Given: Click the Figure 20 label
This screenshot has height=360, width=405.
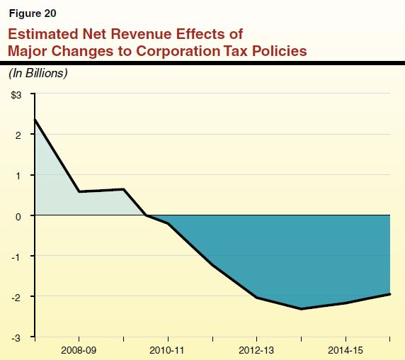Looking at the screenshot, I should click(33, 13).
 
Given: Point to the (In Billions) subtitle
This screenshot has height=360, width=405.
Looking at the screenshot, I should click(38, 73).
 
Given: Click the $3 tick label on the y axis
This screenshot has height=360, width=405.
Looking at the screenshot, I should click(16, 94).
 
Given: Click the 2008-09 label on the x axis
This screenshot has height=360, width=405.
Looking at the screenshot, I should click(79, 350).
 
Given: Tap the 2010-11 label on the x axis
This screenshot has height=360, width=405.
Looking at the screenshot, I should click(168, 350).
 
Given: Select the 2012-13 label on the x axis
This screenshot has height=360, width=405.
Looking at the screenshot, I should click(256, 350).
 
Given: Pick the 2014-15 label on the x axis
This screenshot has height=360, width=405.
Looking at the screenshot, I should click(345, 350).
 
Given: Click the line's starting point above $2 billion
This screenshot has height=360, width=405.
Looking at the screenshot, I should click(35, 120).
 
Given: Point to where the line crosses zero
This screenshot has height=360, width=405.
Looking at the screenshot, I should click(146, 215).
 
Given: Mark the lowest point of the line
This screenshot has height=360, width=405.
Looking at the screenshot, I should click(301, 308).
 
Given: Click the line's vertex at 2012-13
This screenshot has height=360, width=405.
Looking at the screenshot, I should click(256, 298).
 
